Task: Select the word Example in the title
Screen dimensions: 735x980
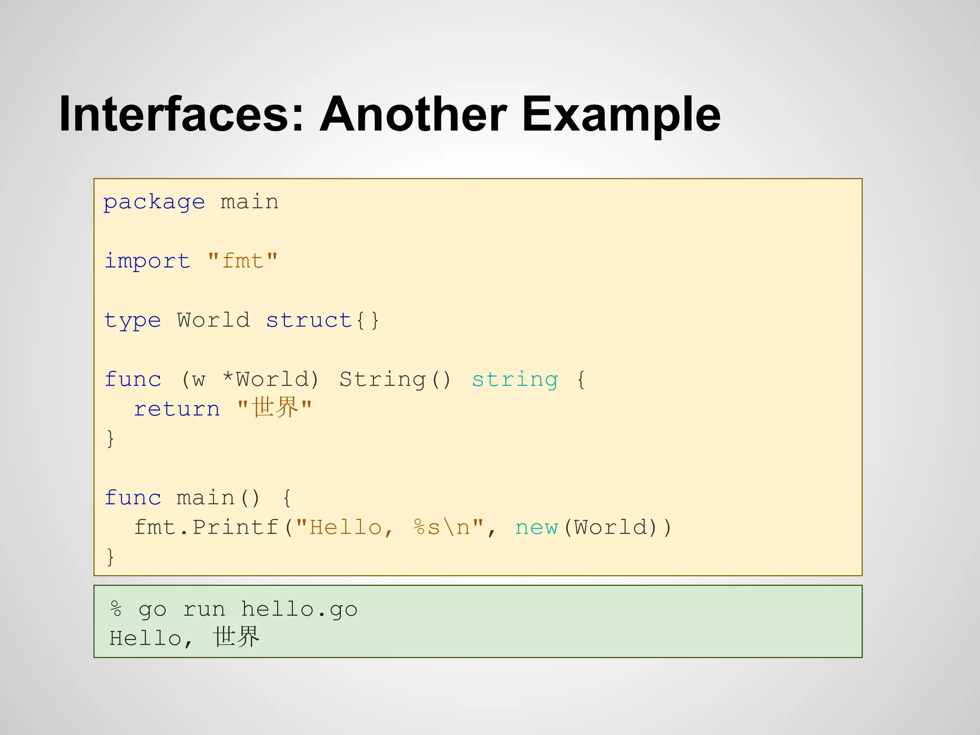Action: click(x=621, y=115)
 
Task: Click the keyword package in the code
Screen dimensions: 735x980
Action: click(x=154, y=202)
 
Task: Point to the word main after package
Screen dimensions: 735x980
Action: click(x=249, y=202)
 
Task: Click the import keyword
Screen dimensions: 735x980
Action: click(x=147, y=261)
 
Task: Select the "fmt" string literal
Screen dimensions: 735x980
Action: click(x=243, y=261)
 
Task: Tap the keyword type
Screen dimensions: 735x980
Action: click(x=133, y=321)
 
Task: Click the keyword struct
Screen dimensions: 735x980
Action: click(x=309, y=321)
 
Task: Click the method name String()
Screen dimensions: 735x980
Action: click(x=395, y=379)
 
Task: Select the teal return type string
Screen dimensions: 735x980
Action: click(x=515, y=379)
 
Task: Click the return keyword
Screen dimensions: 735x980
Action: click(x=177, y=409)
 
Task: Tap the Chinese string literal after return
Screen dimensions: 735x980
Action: click(x=275, y=408)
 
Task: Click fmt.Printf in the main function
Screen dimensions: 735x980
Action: click(x=206, y=527)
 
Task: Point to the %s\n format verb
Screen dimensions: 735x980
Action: click(x=442, y=527)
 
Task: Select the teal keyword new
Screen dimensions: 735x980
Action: click(x=536, y=527)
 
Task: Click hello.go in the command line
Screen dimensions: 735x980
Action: click(x=299, y=610)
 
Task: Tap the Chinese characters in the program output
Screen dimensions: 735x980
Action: click(x=236, y=638)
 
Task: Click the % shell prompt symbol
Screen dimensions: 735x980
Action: click(x=116, y=610)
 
